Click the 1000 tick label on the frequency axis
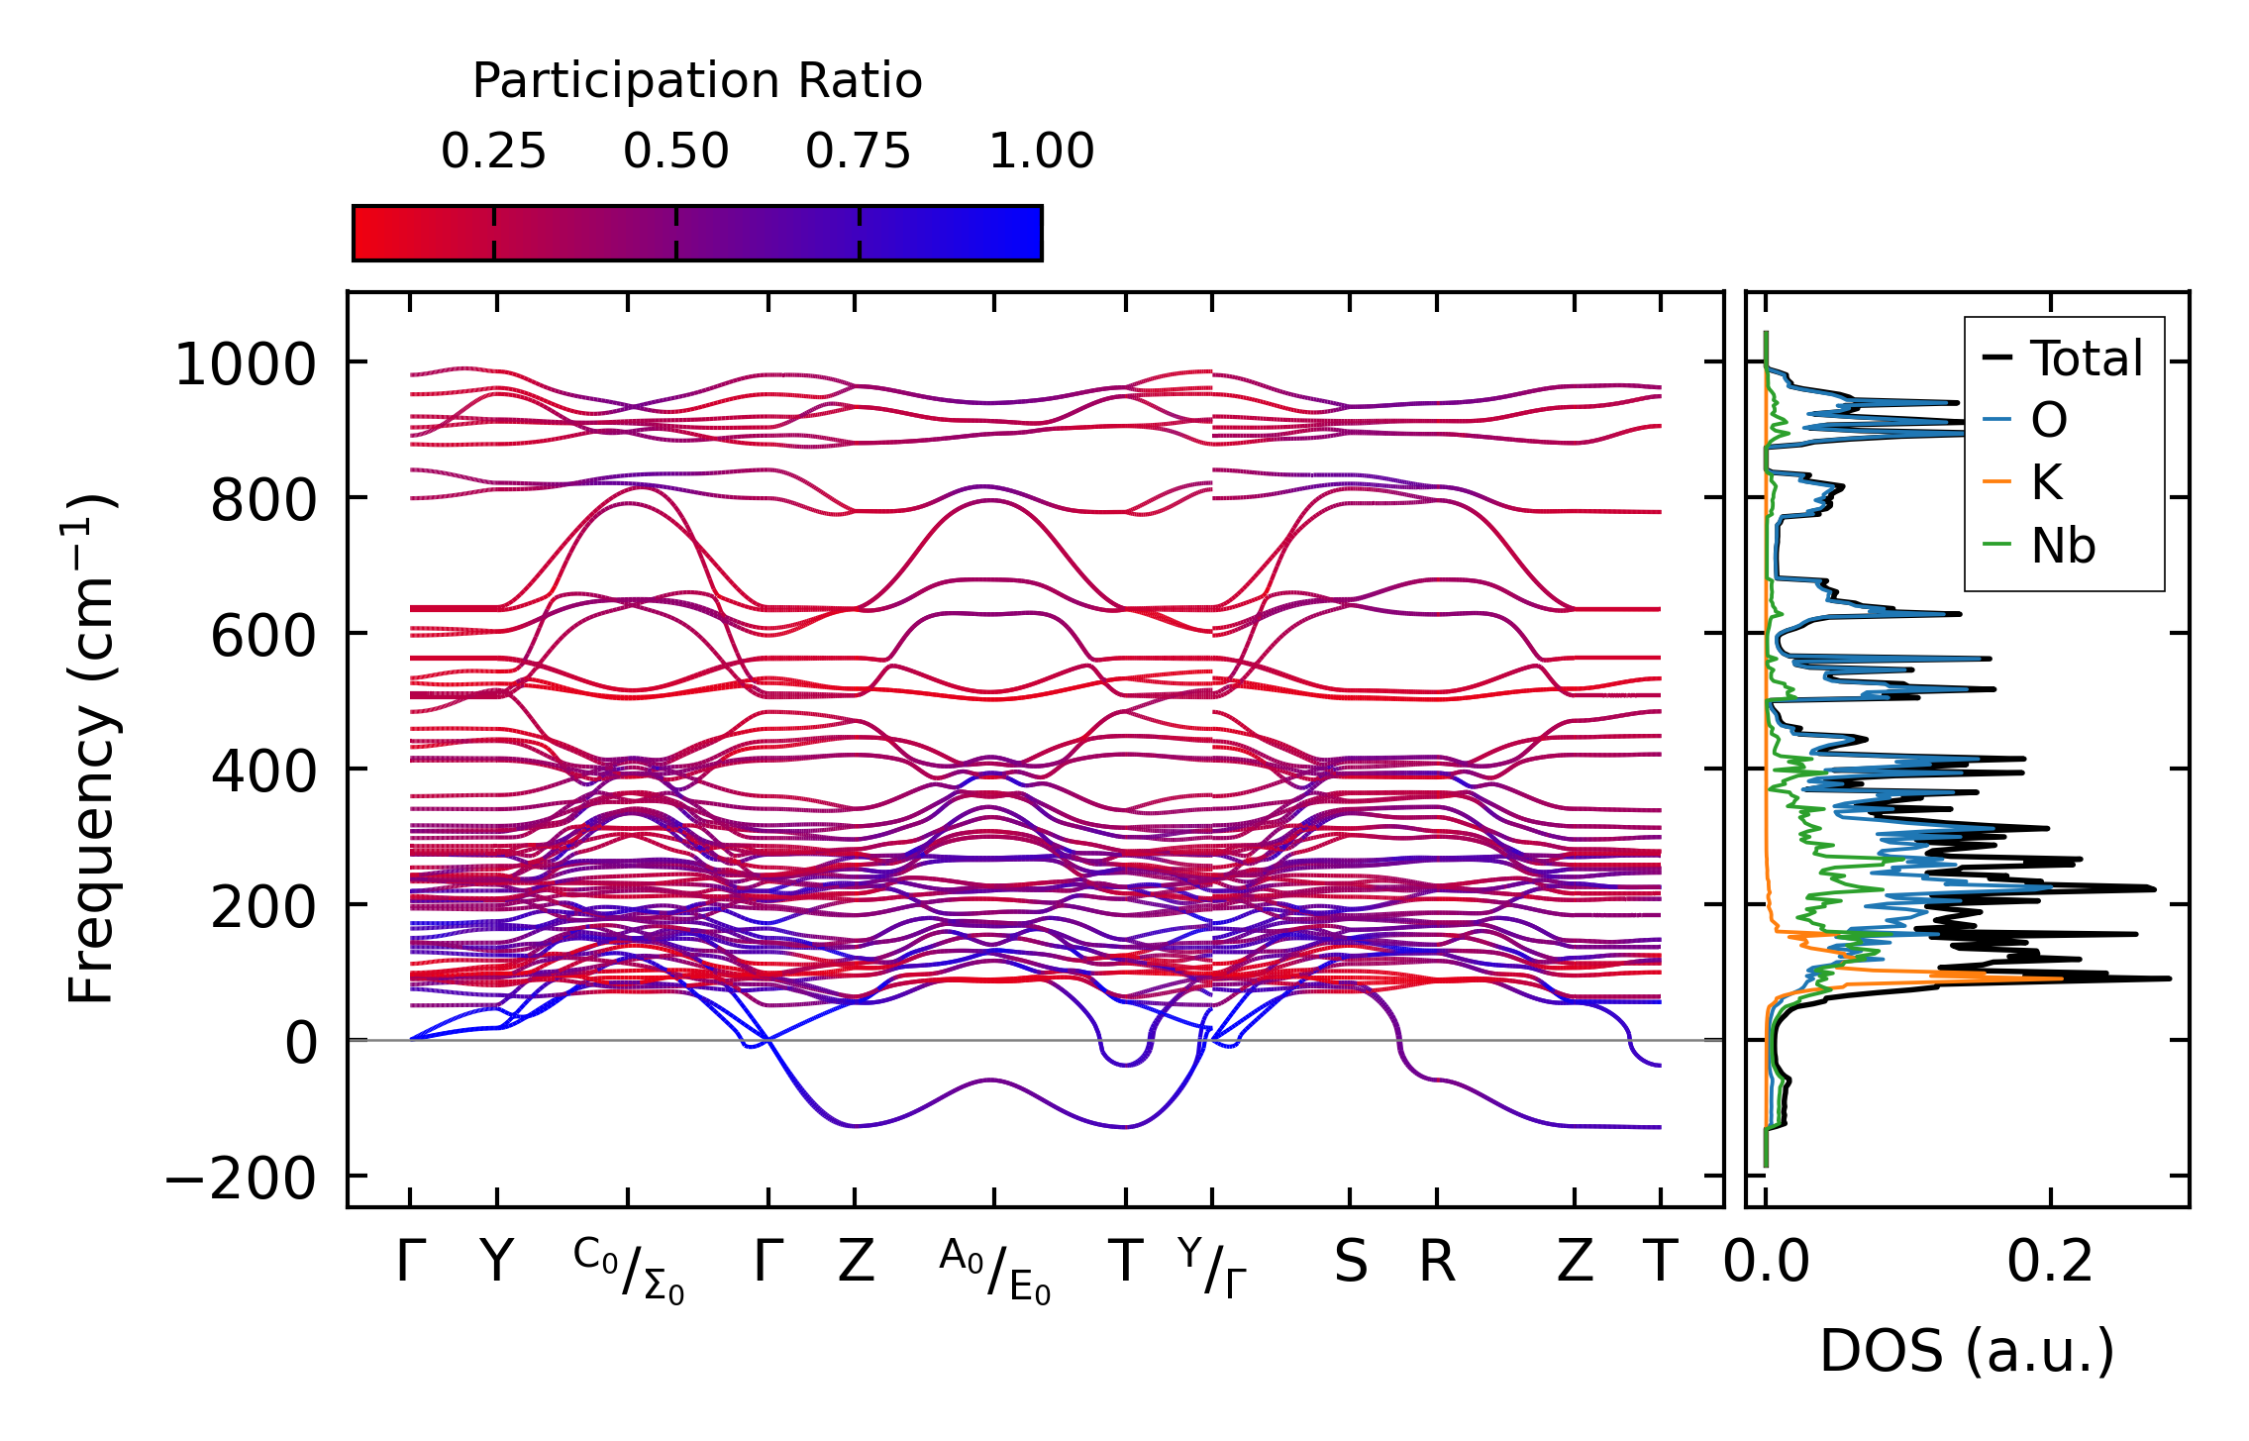pyautogui.click(x=244, y=364)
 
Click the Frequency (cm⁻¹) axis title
pyautogui.click(x=92, y=749)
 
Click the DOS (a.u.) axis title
pyautogui.click(x=1967, y=1351)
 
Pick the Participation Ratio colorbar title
pyautogui.click(x=697, y=81)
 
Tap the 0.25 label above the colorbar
pyautogui.click(x=493, y=153)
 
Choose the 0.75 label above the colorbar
pyautogui.click(x=858, y=153)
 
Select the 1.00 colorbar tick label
pyautogui.click(x=1041, y=153)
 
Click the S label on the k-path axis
pyautogui.click(x=1350, y=1263)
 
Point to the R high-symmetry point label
pyautogui.click(x=1437, y=1263)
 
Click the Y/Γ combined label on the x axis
pyautogui.click(x=1212, y=1268)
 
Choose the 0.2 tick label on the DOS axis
pyautogui.click(x=2049, y=1263)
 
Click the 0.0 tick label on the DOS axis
pyautogui.click(x=1766, y=1263)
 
